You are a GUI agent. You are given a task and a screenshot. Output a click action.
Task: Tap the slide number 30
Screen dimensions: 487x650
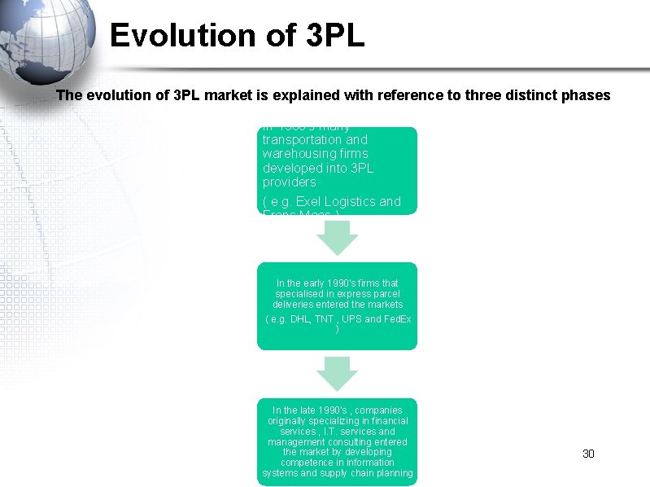pyautogui.click(x=589, y=454)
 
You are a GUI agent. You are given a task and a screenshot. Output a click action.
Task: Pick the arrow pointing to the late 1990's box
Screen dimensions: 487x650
pyautogui.click(x=337, y=373)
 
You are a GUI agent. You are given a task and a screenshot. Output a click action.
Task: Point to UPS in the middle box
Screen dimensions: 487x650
pyautogui.click(x=351, y=319)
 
